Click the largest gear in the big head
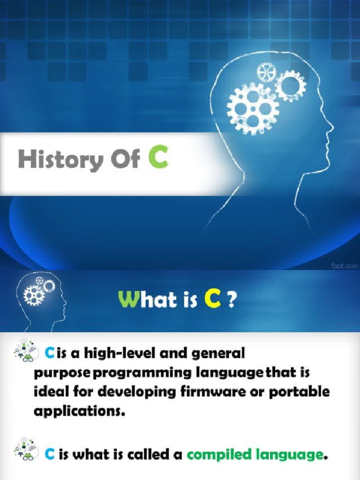253,109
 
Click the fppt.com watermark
345,265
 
